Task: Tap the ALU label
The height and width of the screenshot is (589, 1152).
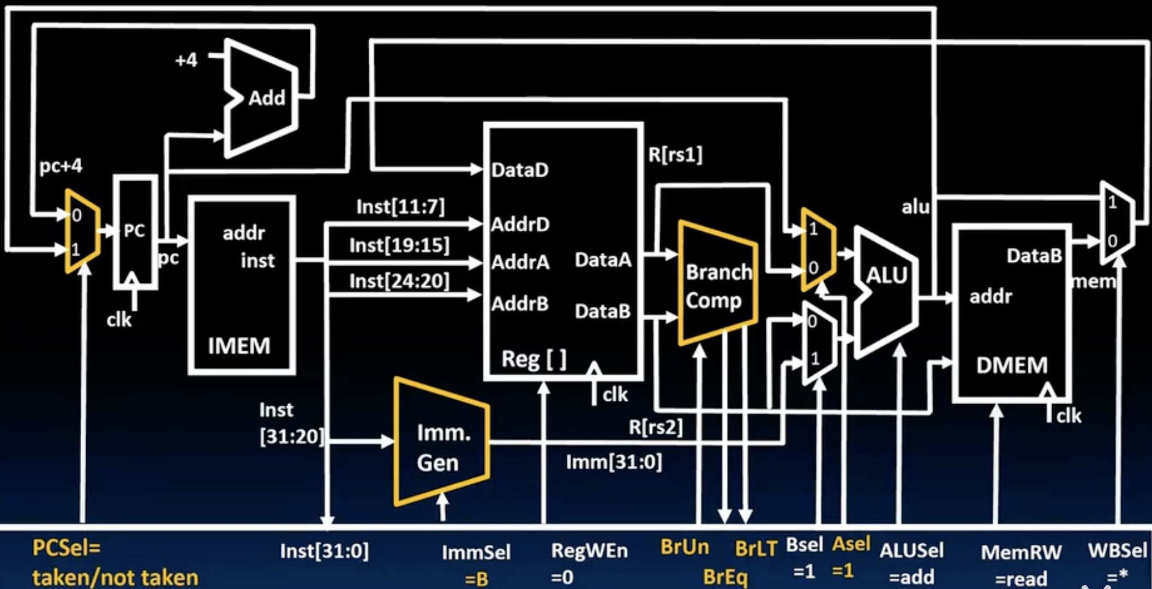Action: pos(886,276)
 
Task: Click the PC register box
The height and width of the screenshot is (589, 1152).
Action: pos(135,231)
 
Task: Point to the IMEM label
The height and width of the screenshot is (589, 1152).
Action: pos(239,346)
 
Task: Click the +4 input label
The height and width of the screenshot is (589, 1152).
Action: pos(186,60)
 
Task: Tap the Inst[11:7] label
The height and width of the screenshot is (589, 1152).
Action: pos(400,207)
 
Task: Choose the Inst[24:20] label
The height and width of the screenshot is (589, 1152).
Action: pos(399,281)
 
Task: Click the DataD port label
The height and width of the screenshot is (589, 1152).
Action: pos(519,170)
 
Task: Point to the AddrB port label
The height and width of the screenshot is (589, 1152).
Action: pos(519,304)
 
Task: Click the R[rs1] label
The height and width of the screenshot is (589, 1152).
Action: pos(675,155)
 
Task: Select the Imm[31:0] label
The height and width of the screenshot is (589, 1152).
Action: pos(614,462)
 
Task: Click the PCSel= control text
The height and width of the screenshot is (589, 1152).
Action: pos(67,548)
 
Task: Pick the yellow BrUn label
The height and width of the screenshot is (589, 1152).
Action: pos(685,547)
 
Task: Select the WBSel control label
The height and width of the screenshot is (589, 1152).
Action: pos(1117,551)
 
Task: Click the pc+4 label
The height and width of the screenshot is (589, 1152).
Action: pos(61,166)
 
